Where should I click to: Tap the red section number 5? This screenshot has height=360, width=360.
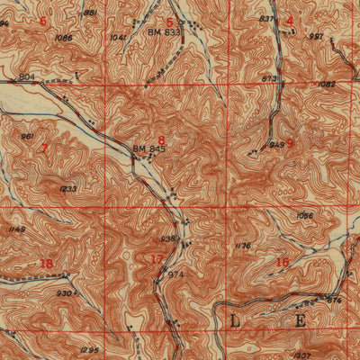[x=169, y=21]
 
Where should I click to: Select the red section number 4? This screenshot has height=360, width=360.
[x=289, y=20]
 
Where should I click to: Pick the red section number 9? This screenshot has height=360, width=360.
[x=289, y=142]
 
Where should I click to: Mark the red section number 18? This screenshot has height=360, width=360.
[x=46, y=263]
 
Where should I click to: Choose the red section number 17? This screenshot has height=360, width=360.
[x=157, y=260]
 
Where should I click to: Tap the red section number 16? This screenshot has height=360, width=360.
[x=283, y=262]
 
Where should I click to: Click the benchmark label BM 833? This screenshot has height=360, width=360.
[x=163, y=31]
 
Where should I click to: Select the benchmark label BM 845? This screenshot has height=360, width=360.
[x=148, y=149]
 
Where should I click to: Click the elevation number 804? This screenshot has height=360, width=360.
[x=26, y=78]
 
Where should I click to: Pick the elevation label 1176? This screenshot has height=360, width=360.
[x=241, y=245]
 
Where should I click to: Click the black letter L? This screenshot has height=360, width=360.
[x=236, y=320]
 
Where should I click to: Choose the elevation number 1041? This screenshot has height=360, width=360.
[x=117, y=38]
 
